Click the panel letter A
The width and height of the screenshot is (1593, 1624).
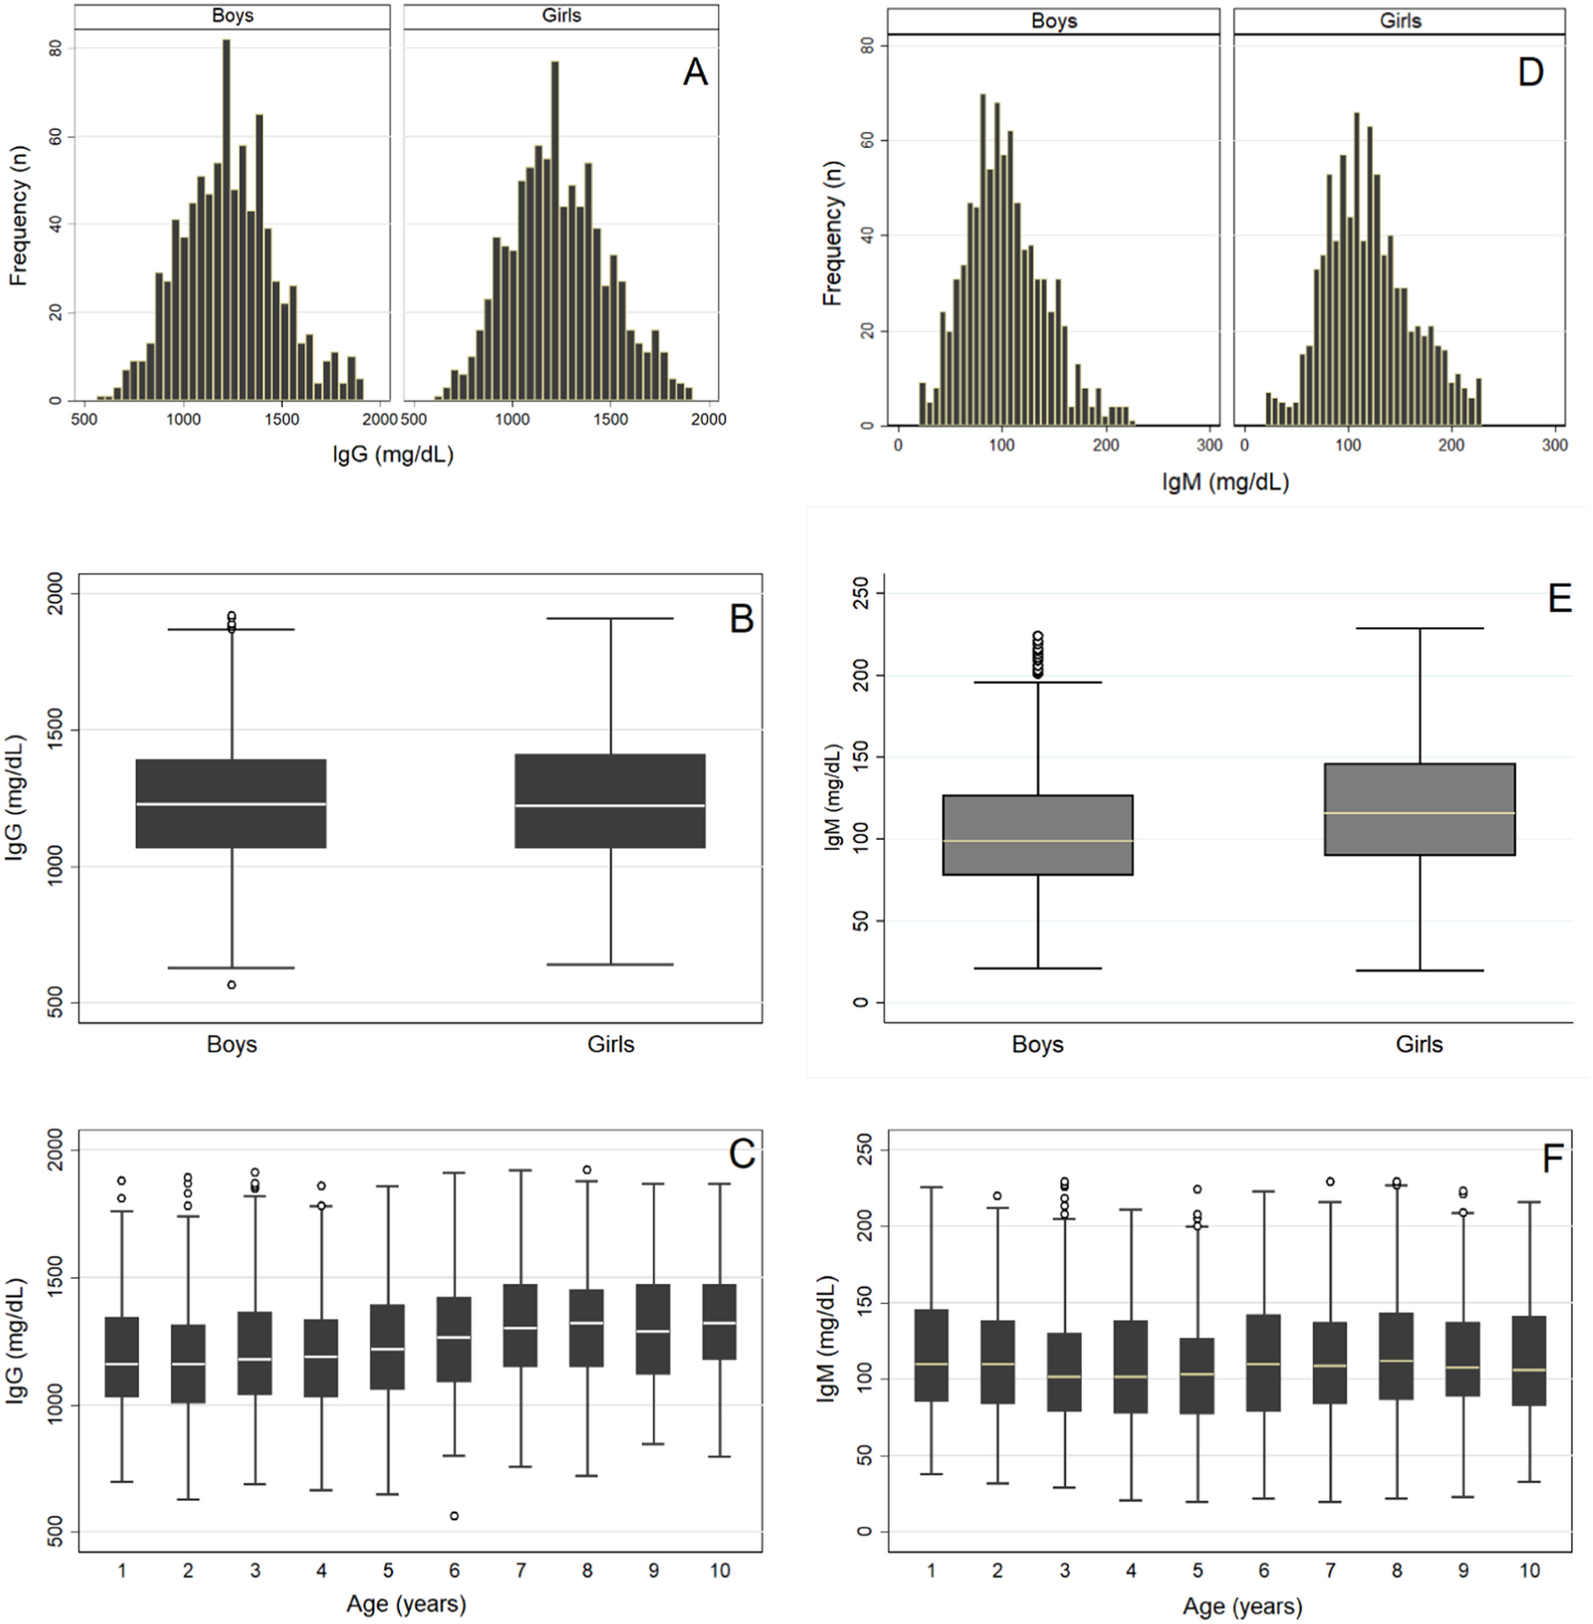click(695, 73)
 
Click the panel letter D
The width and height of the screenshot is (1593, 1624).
click(1530, 73)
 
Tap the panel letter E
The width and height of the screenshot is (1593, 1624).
click(1560, 599)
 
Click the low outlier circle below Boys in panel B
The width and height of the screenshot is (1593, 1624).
click(232, 985)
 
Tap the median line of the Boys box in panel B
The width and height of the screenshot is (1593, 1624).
click(232, 804)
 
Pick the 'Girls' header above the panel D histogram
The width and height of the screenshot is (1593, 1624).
click(1400, 20)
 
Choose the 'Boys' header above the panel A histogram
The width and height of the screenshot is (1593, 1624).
click(233, 16)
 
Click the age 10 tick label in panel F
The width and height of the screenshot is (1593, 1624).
click(1529, 1570)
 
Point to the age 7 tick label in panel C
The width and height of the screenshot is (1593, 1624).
click(520, 1570)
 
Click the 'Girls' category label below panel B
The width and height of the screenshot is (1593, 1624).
click(611, 1044)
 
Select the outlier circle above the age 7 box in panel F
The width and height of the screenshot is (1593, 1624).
click(1330, 1182)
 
